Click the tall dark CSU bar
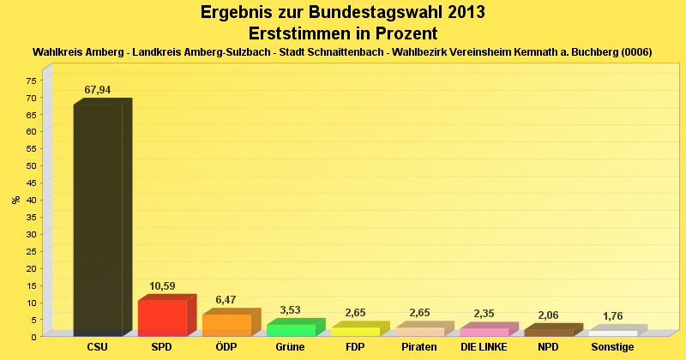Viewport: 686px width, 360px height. click(102, 218)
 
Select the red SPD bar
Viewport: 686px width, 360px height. click(167, 315)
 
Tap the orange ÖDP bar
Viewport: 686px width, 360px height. click(232, 322)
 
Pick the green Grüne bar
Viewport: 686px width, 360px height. click(296, 327)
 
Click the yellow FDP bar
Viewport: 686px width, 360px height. click(360, 329)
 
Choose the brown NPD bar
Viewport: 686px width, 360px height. click(554, 330)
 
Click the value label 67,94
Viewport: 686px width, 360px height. click(98, 90)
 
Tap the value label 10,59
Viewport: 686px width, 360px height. click(162, 286)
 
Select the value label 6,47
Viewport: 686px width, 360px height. click(226, 300)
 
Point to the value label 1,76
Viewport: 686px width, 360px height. click(612, 316)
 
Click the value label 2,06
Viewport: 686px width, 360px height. click(548, 315)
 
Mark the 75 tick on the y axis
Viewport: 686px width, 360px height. click(32, 80)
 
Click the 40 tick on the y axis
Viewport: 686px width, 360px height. click(32, 200)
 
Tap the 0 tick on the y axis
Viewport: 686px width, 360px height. click(34, 337)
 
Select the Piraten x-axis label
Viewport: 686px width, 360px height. click(419, 347)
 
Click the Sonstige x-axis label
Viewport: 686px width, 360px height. click(612, 347)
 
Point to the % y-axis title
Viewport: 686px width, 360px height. click(16, 200)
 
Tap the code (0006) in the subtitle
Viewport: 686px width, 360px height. click(636, 52)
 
